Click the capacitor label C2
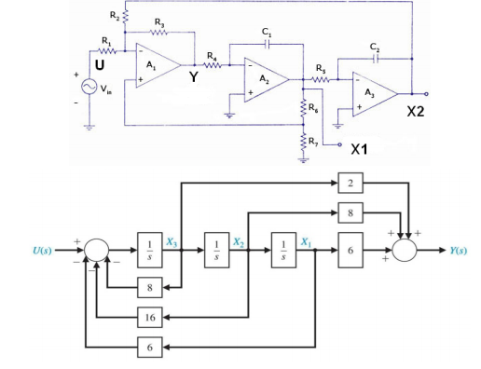point(375,48)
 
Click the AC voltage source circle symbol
point(91,86)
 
